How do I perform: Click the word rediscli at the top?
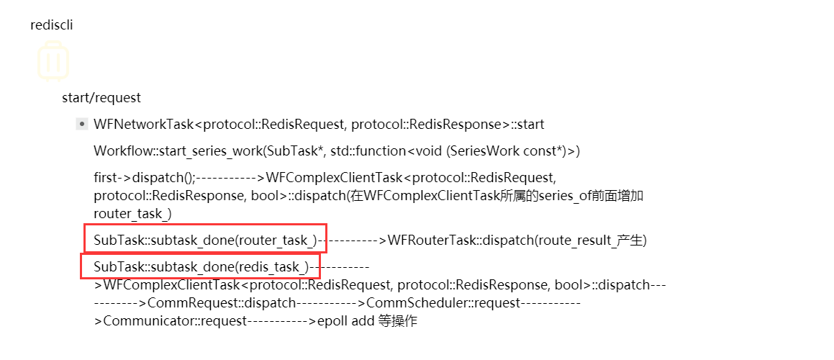pos(52,25)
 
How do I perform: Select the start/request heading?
pos(101,97)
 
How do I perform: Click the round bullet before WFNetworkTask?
pos(82,125)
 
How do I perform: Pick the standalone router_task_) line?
pos(132,214)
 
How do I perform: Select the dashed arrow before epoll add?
pos(281,321)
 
